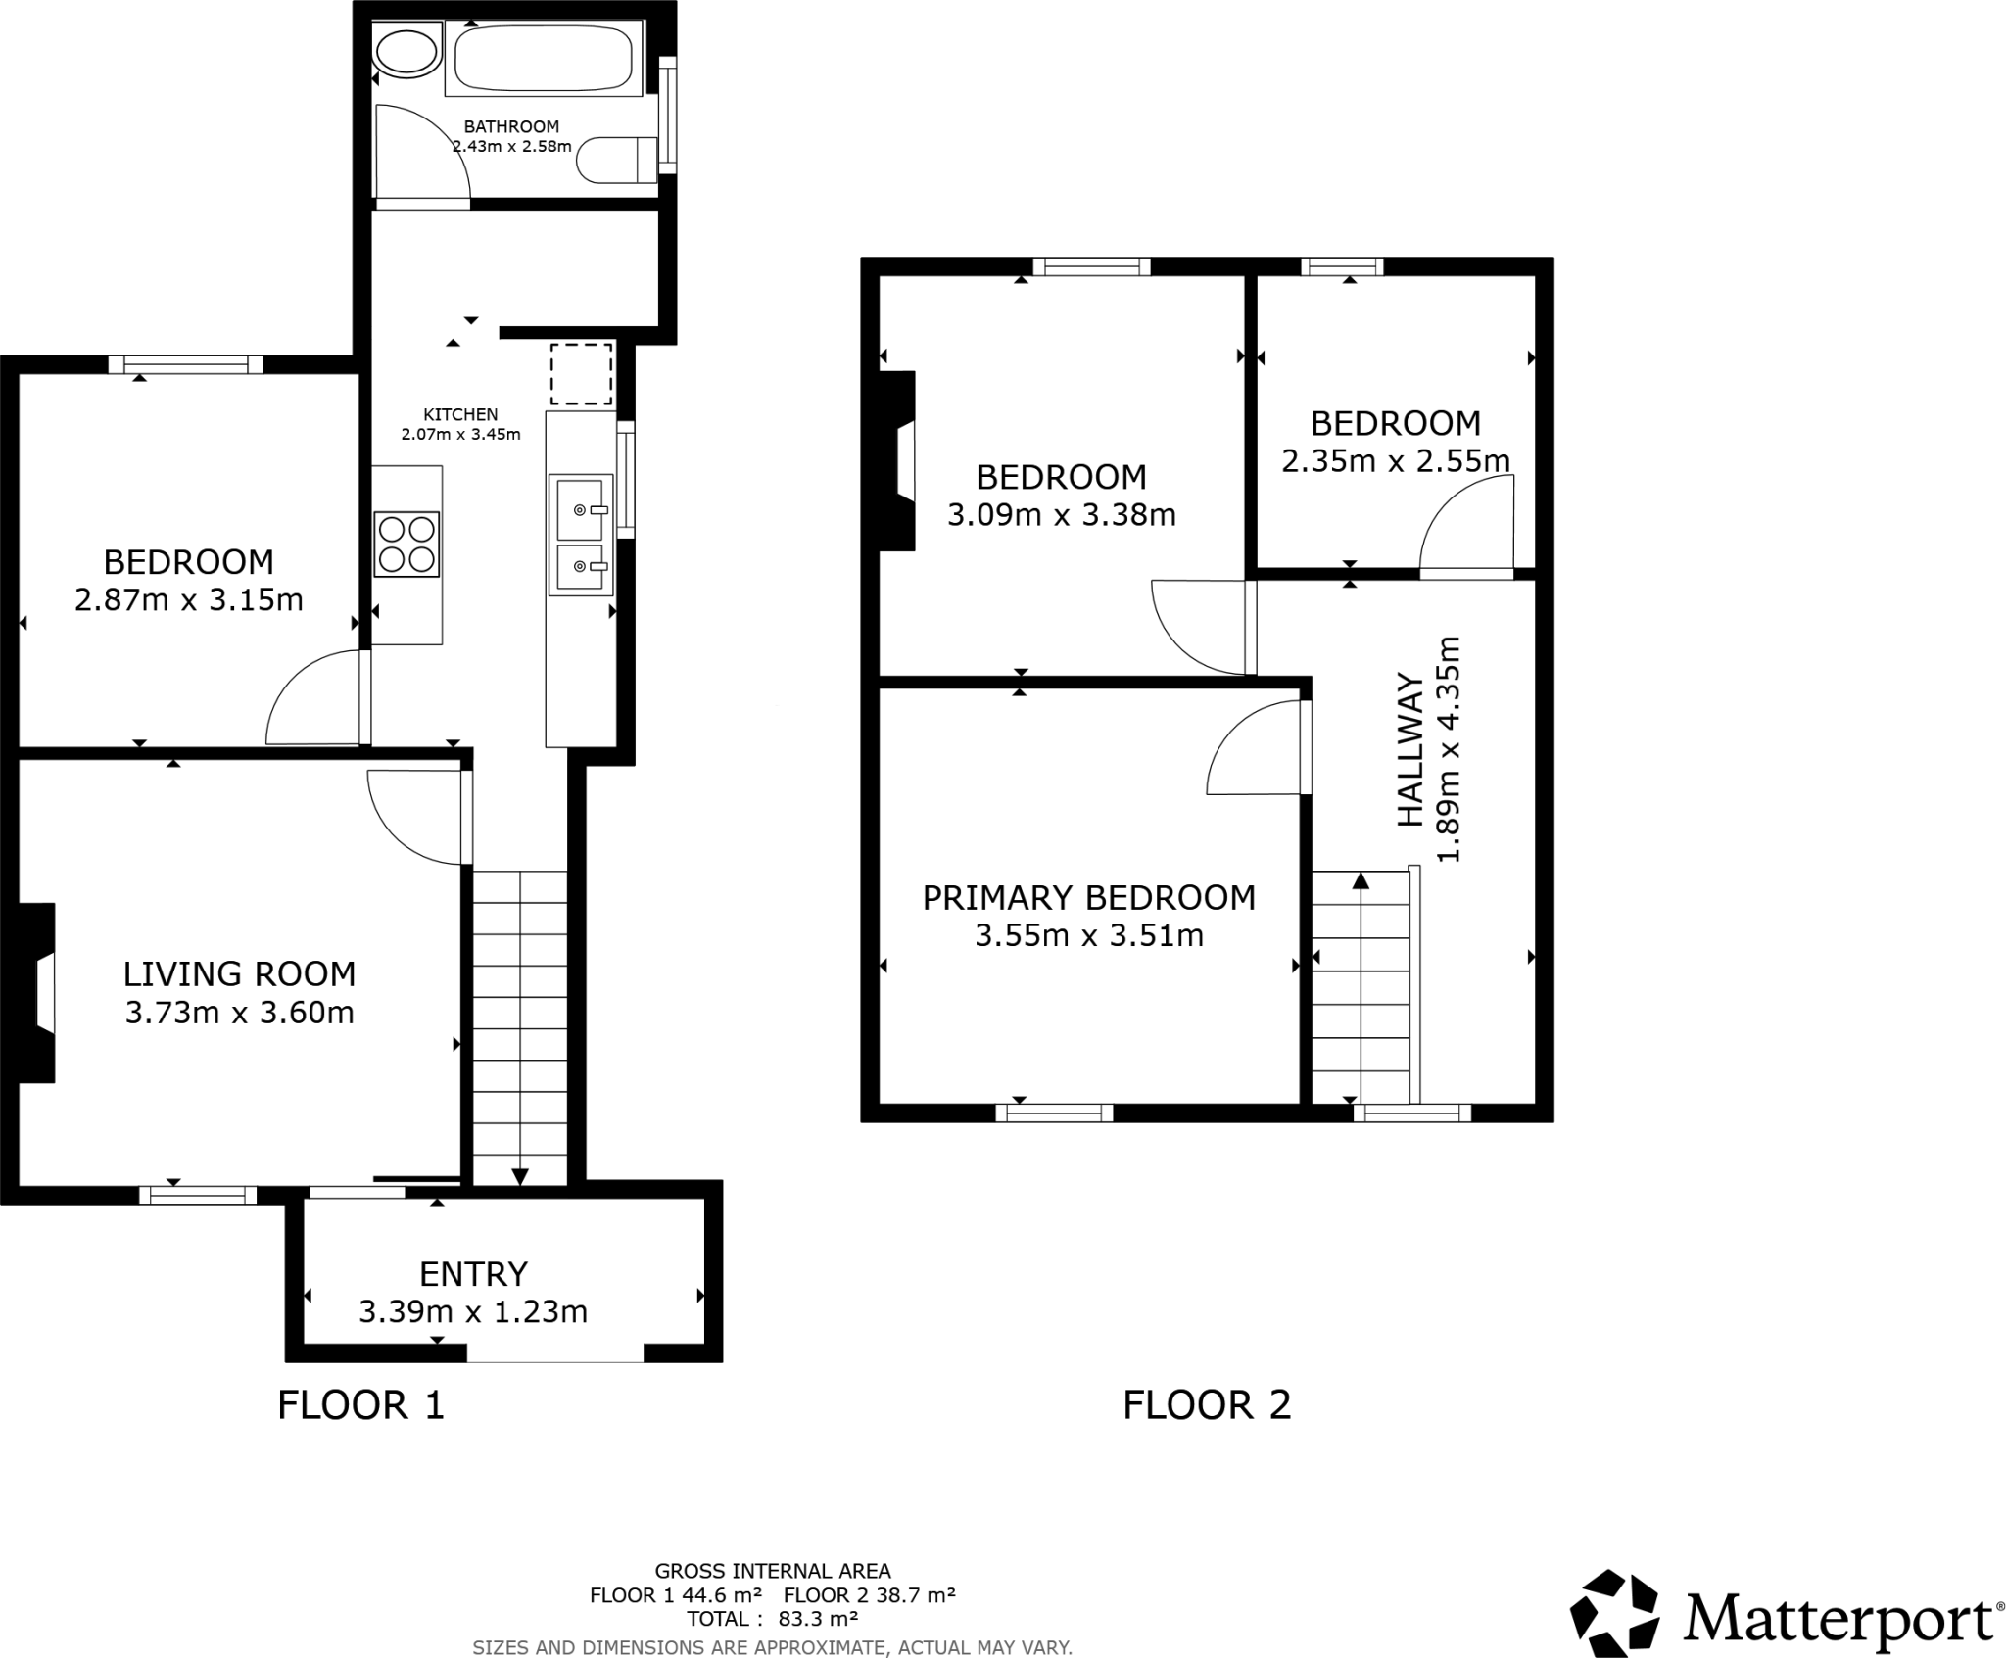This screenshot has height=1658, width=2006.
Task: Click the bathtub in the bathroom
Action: tap(544, 60)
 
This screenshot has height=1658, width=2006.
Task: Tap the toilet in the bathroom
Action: tap(617, 161)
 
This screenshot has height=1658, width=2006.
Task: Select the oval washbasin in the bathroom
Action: tap(407, 53)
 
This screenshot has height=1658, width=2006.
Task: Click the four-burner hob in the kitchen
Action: tap(406, 545)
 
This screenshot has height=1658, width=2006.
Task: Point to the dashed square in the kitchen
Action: tap(582, 374)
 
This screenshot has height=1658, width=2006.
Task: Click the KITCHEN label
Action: tap(460, 414)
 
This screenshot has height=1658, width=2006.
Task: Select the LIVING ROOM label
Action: tap(239, 973)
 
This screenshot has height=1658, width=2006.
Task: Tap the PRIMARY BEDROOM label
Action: tap(1089, 898)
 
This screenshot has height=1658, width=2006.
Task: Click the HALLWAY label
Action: tap(1409, 749)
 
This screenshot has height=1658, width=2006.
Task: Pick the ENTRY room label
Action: tap(473, 1273)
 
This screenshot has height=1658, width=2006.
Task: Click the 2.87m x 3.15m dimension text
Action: tap(189, 599)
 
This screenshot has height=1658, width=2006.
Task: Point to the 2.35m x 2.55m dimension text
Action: tap(1396, 460)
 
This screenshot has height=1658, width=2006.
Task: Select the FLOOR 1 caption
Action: tap(361, 1405)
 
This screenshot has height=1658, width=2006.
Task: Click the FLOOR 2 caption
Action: tap(1207, 1405)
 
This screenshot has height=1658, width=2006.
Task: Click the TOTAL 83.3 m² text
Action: tap(772, 1619)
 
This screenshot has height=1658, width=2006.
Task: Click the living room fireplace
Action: tap(36, 993)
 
